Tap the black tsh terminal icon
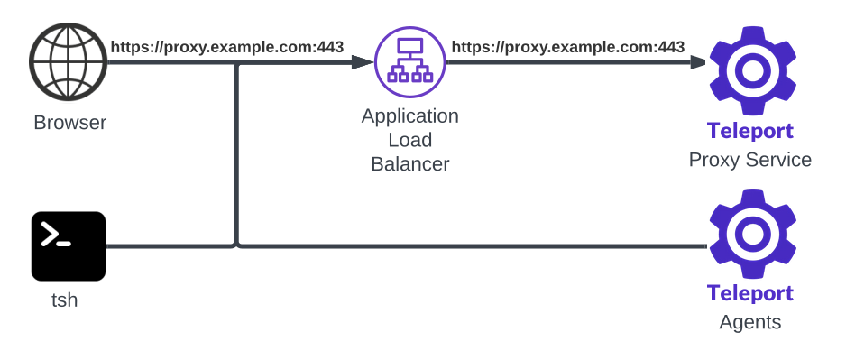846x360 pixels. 69,246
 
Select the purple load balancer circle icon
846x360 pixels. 410,62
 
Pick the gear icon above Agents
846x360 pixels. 751,234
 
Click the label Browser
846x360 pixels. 69,123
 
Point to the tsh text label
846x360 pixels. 64,300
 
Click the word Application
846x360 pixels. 409,116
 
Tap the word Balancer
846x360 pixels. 409,164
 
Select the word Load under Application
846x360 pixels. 409,141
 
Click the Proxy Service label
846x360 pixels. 750,160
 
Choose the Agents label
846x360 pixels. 750,322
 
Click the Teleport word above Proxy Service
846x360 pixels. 750,131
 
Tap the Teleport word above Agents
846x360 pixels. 750,293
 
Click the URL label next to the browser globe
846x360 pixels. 226,47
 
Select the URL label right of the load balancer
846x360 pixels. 567,47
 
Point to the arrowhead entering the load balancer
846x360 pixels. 363,63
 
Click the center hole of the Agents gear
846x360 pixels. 751,234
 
